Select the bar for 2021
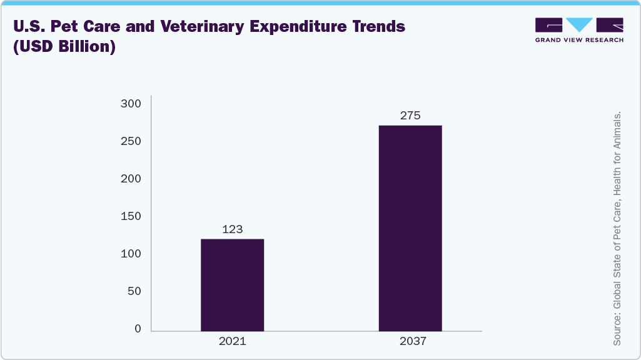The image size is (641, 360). tap(232, 285)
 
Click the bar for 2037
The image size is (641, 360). tap(410, 228)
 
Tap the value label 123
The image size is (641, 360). tap(232, 229)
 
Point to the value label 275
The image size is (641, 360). tap(410, 116)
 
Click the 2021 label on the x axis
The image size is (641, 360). tap(232, 341)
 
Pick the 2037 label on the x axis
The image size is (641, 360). tap(410, 341)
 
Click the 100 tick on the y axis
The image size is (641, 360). tap(131, 254)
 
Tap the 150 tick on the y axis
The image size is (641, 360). tap(131, 216)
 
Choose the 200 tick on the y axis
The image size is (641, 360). tap(131, 179)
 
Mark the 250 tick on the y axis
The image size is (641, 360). tap(131, 141)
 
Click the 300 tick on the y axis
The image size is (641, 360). tap(131, 104)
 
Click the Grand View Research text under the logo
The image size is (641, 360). tap(579, 40)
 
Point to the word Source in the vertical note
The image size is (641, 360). tap(617, 329)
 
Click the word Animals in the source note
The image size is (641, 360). tap(617, 132)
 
